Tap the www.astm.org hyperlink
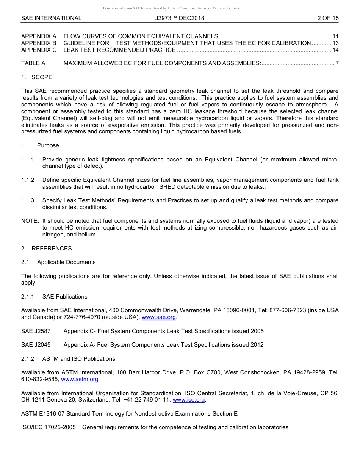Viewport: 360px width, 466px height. (80, 379)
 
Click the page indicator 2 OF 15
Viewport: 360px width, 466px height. (328, 18)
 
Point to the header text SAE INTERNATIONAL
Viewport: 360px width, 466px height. (51, 18)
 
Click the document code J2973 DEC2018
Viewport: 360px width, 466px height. (180, 18)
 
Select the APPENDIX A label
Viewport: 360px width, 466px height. (39, 36)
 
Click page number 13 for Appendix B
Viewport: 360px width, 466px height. (335, 43)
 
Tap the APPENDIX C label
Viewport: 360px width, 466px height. (39, 50)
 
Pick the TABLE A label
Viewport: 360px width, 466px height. (33, 63)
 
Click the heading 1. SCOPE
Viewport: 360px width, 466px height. (37, 77)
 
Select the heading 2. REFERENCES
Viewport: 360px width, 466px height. (46, 249)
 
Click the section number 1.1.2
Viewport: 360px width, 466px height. (28, 180)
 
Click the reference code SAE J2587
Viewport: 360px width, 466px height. (36, 331)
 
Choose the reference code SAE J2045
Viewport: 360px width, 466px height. (36, 345)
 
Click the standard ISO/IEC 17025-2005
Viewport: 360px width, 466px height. (49, 427)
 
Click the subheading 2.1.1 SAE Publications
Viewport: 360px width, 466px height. (54, 297)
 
